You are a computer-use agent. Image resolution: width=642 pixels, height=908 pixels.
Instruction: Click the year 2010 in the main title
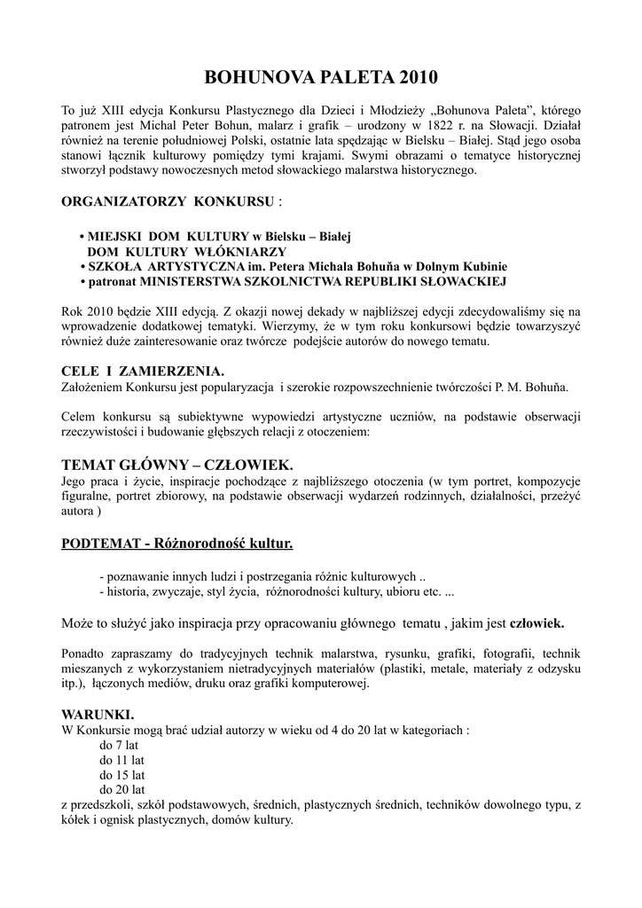coord(418,79)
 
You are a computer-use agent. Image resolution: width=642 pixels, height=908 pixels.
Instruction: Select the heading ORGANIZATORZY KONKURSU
coord(168,202)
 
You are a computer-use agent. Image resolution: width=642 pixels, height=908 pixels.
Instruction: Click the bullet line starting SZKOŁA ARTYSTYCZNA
coord(294,266)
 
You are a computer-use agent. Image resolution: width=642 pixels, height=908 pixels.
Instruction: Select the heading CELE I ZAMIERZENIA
coord(142,370)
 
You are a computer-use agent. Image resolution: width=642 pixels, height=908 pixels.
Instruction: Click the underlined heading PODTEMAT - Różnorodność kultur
coord(176,542)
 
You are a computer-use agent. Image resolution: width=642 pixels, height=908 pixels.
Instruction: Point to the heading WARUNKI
coord(98,714)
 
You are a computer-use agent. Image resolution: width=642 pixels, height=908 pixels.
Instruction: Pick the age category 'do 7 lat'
coord(119,746)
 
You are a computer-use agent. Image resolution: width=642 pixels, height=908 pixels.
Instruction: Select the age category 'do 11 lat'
coord(121,761)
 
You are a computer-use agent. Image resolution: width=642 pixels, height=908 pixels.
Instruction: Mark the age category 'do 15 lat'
coord(121,775)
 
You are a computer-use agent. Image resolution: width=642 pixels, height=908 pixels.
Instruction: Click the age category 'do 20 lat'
coord(121,789)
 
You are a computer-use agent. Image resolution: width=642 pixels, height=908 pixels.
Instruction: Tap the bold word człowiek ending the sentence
coord(536,623)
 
